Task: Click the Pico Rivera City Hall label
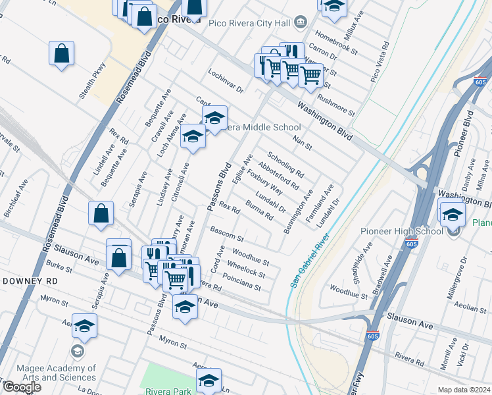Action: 249,22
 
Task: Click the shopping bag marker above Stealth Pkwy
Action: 61,54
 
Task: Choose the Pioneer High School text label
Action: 402,231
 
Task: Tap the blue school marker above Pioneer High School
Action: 452,214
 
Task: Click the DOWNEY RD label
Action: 30,280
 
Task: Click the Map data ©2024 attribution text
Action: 464,390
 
